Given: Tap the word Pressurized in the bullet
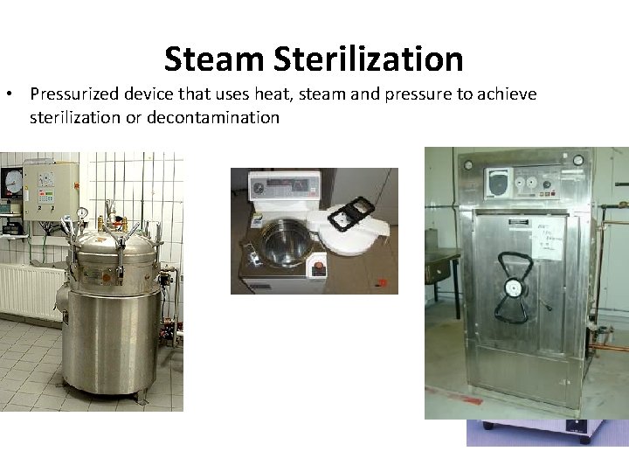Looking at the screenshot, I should [74, 94].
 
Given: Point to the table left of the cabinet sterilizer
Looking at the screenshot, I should [442, 262].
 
